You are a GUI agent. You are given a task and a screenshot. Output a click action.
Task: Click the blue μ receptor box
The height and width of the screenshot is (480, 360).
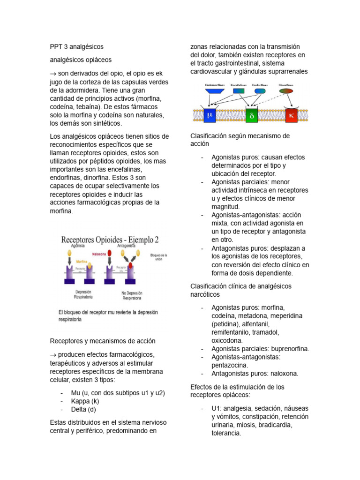[209, 114]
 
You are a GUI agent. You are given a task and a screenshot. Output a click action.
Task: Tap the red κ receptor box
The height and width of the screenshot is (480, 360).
[292, 114]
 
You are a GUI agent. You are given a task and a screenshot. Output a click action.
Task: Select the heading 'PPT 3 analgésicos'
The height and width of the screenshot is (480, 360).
[76, 47]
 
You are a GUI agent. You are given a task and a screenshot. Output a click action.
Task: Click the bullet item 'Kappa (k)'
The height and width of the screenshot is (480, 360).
[85, 401]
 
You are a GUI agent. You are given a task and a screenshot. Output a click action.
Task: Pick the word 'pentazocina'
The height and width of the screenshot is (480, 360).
[230, 365]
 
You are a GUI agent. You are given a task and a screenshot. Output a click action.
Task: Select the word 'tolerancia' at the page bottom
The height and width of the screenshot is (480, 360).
[226, 433]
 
